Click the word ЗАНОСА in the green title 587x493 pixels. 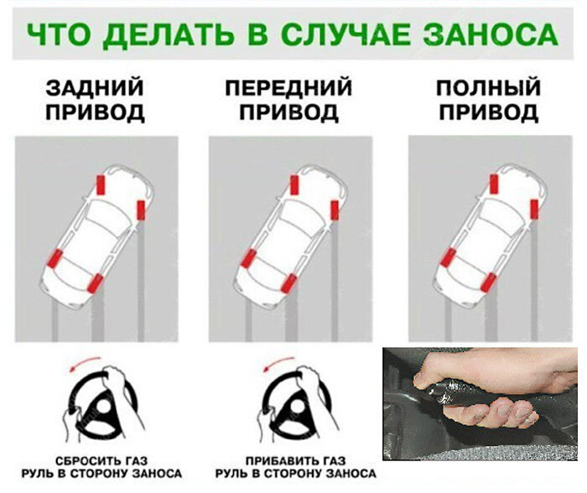(x=491, y=35)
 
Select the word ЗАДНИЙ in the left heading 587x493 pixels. (x=95, y=87)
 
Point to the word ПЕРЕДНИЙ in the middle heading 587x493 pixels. (x=288, y=87)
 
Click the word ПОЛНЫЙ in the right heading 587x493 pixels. (x=489, y=87)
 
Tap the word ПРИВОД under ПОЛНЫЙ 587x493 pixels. (x=489, y=112)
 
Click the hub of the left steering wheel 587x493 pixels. (x=101, y=409)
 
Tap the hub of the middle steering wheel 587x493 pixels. (x=297, y=409)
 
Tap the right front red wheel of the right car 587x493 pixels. (x=534, y=209)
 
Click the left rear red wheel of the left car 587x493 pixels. (x=55, y=258)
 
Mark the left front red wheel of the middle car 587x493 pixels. (x=294, y=185)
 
